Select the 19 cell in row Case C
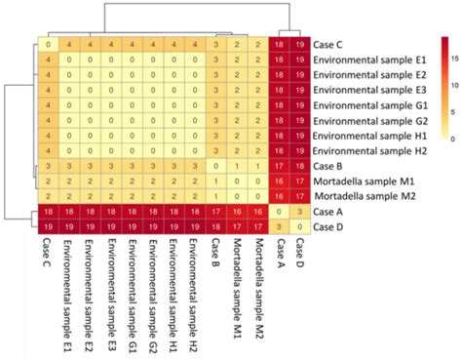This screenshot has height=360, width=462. [x=300, y=44]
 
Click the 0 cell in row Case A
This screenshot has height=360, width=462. [x=280, y=212]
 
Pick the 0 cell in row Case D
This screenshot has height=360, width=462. [x=300, y=226]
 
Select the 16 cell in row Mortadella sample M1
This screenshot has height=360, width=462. [x=280, y=181]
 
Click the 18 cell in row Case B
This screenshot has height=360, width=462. [x=300, y=166]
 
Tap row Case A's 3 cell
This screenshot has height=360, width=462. [x=300, y=212]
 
